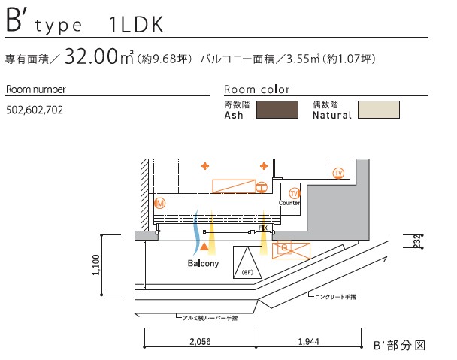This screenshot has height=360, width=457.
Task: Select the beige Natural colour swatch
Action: pyautogui.click(x=378, y=110)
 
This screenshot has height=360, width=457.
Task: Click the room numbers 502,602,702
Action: pyautogui.click(x=34, y=110)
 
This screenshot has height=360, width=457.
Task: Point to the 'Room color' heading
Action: pyautogui.click(x=257, y=89)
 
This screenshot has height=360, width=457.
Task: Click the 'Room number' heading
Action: pyautogui.click(x=35, y=89)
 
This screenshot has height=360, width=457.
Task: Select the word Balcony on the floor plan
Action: pyautogui.click(x=203, y=264)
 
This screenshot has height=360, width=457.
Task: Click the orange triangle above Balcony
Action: pyautogui.click(x=204, y=246)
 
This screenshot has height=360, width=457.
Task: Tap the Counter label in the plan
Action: pyautogui.click(x=289, y=203)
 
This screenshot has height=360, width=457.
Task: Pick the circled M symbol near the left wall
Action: pyautogui.click(x=159, y=203)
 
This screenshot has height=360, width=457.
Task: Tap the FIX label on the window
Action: pyautogui.click(x=263, y=227)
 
